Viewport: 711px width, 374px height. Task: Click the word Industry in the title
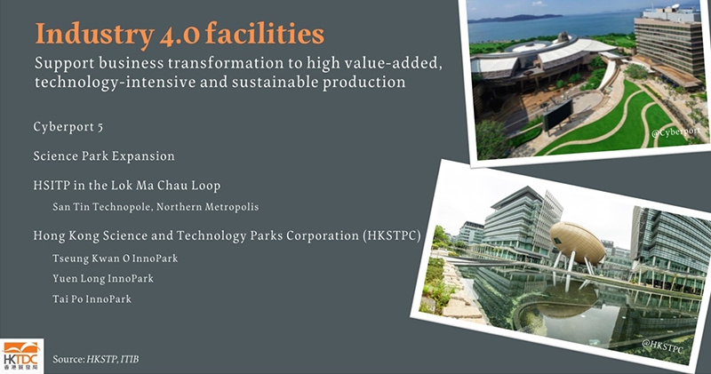click(x=94, y=35)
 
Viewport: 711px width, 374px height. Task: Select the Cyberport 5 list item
click(x=68, y=127)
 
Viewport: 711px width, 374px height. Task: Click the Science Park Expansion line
click(x=104, y=156)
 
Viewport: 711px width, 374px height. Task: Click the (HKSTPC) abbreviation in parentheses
click(x=392, y=235)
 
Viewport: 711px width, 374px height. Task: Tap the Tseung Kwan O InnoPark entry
click(x=116, y=259)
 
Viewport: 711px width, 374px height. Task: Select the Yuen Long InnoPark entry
click(x=103, y=278)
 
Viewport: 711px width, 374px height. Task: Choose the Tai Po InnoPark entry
click(x=92, y=298)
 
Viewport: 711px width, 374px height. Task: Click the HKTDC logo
click(x=21, y=356)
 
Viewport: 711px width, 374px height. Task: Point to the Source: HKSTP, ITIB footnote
click(x=96, y=360)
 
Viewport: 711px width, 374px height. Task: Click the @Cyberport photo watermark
click(x=675, y=131)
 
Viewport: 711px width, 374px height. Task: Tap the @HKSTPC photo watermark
click(x=662, y=346)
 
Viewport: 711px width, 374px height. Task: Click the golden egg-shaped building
click(x=577, y=243)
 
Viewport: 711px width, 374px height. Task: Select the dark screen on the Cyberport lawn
click(x=557, y=115)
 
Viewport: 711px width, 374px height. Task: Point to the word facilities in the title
click(x=265, y=35)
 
